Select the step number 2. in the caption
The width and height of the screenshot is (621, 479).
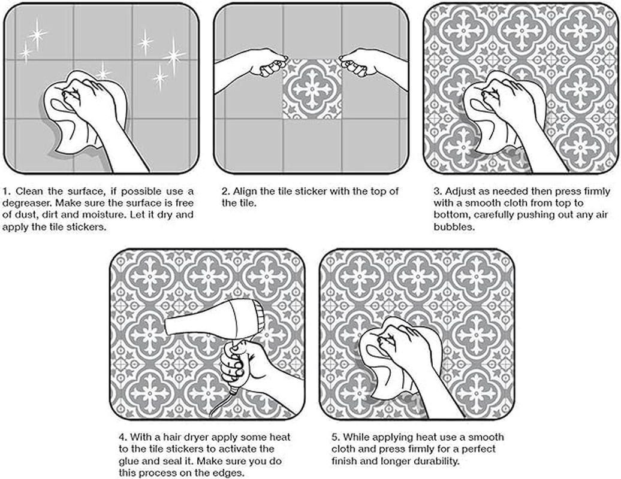click(x=226, y=192)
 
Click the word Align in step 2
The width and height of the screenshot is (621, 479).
click(x=246, y=192)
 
